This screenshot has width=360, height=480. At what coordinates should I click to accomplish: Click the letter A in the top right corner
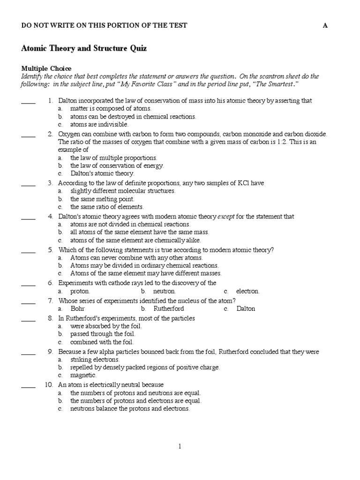coord(325,25)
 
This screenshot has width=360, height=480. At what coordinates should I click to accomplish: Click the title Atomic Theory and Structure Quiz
coord(84,48)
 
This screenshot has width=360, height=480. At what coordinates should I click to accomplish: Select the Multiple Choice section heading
coord(46,68)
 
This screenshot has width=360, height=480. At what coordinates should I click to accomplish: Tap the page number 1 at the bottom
coord(180,447)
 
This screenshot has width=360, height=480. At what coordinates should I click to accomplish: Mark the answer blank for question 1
coord(28,101)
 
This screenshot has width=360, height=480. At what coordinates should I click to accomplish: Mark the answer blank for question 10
coord(28,385)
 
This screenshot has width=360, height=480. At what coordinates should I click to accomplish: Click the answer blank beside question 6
coord(28,284)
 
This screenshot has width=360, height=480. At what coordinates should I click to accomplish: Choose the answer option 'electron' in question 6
coord(247,291)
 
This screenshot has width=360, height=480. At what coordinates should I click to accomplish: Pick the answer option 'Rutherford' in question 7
coord(168,309)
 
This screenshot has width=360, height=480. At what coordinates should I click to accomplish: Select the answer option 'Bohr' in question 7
coord(77,309)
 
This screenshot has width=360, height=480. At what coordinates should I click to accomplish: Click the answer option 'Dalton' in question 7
coord(246,309)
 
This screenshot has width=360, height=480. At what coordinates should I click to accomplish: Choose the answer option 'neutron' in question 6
coord(165,291)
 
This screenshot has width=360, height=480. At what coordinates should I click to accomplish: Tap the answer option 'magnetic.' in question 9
coord(83,375)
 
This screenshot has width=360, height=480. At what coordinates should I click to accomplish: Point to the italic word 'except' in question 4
coord(226,217)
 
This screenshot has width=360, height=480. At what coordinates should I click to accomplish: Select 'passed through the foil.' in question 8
coord(103,334)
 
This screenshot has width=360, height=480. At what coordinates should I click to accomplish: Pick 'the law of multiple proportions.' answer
coord(114,158)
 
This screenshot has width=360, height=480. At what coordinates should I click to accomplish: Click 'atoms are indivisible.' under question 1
coord(99,125)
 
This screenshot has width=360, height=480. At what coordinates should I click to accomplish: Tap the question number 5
coord(50,250)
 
